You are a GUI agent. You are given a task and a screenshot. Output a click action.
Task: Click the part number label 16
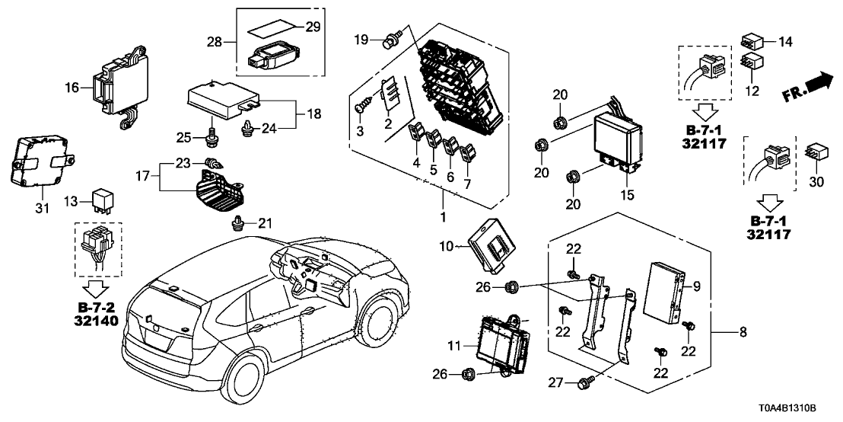72,88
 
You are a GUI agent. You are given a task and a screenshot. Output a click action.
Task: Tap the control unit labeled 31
38,160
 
